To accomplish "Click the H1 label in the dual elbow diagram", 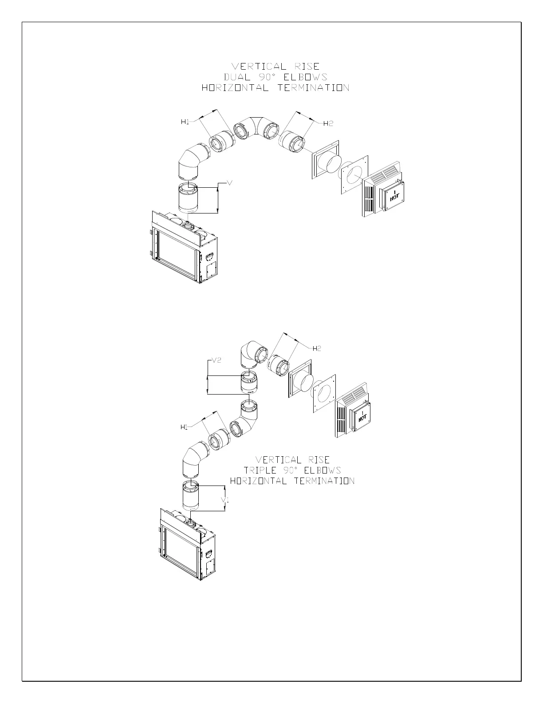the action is (185, 122).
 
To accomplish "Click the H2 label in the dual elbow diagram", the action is (328, 123).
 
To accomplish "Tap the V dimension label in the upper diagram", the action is (230, 182).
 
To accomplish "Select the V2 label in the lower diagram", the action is (216, 360).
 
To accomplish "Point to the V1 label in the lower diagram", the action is (225, 500).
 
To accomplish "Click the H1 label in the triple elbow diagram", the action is (184, 427).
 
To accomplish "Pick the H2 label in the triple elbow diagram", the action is (317, 348).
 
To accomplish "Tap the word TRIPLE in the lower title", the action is (260, 470).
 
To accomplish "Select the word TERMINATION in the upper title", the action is (314, 88).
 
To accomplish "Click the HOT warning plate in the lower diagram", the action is (363, 416).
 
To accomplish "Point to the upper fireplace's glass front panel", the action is (175, 255).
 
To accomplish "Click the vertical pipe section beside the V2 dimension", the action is (249, 383).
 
